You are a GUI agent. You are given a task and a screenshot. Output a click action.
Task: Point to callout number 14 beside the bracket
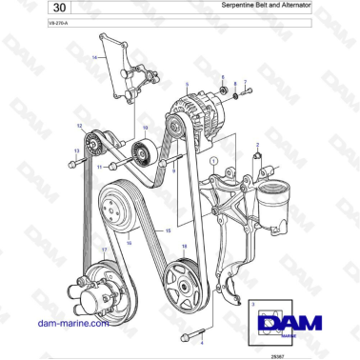click(94, 57)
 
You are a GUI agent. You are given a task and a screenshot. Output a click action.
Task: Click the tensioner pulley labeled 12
click(94, 144)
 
